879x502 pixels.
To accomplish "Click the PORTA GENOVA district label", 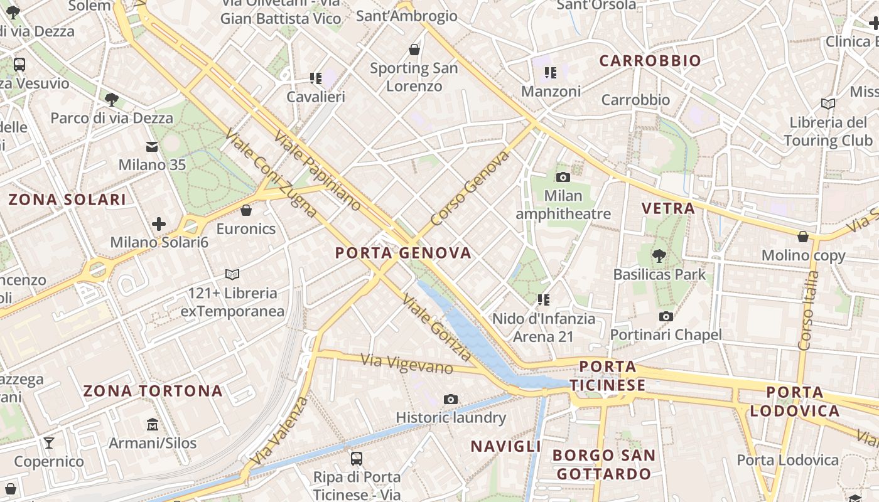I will coord(403,253).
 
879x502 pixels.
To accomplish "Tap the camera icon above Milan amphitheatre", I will coord(563,177).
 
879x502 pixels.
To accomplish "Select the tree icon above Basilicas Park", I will coord(659,255).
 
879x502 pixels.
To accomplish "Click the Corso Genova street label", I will coord(470,188).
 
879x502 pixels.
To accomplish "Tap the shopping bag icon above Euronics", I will coord(246,210).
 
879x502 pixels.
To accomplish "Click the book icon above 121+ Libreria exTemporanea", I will coord(232,274).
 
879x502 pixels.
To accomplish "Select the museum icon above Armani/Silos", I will coord(153,425).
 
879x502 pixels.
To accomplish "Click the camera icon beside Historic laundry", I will coord(450,399).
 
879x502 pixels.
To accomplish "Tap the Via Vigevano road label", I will coord(407,363).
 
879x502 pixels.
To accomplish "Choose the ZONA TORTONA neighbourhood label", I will coord(153,391).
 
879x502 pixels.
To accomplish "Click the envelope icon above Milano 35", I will coord(152,147).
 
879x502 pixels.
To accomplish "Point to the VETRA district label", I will coord(668,208).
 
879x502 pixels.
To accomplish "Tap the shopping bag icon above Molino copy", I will coord(802,237).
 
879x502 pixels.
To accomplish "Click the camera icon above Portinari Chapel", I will coord(666,316).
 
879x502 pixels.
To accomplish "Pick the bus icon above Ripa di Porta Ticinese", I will coord(357,458).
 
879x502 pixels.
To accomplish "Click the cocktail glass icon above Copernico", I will coord(49,443).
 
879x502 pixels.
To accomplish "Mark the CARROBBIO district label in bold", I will coord(650,61).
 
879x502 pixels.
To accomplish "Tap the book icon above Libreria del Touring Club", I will coord(828,104).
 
